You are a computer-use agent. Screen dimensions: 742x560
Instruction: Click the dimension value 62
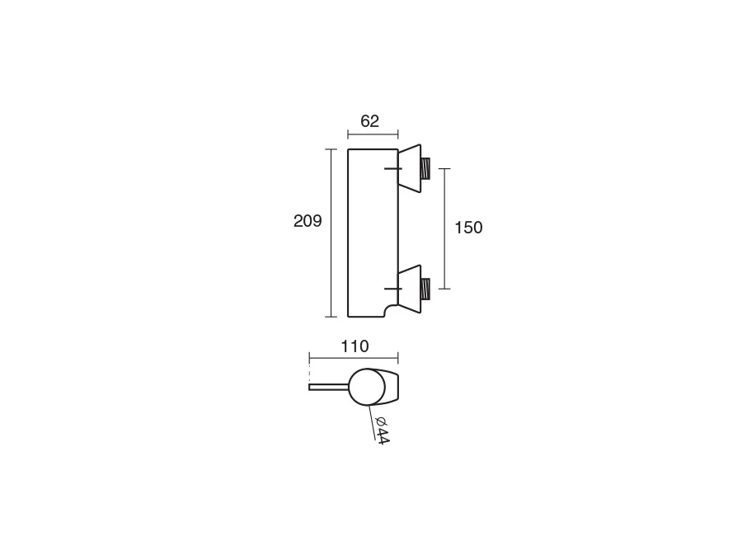point(369,122)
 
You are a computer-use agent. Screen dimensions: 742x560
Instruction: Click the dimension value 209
point(308,221)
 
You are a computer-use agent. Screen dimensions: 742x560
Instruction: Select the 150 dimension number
point(468,228)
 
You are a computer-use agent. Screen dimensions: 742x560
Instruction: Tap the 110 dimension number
point(355,346)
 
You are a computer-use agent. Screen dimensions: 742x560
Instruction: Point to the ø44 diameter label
point(382,431)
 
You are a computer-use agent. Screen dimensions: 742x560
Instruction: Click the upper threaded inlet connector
point(426,168)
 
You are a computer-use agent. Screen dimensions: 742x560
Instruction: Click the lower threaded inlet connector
point(426,289)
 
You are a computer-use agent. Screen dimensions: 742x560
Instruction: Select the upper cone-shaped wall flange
point(410,168)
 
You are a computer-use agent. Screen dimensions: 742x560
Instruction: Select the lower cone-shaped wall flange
point(410,289)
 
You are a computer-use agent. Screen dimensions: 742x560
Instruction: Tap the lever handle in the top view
point(329,388)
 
